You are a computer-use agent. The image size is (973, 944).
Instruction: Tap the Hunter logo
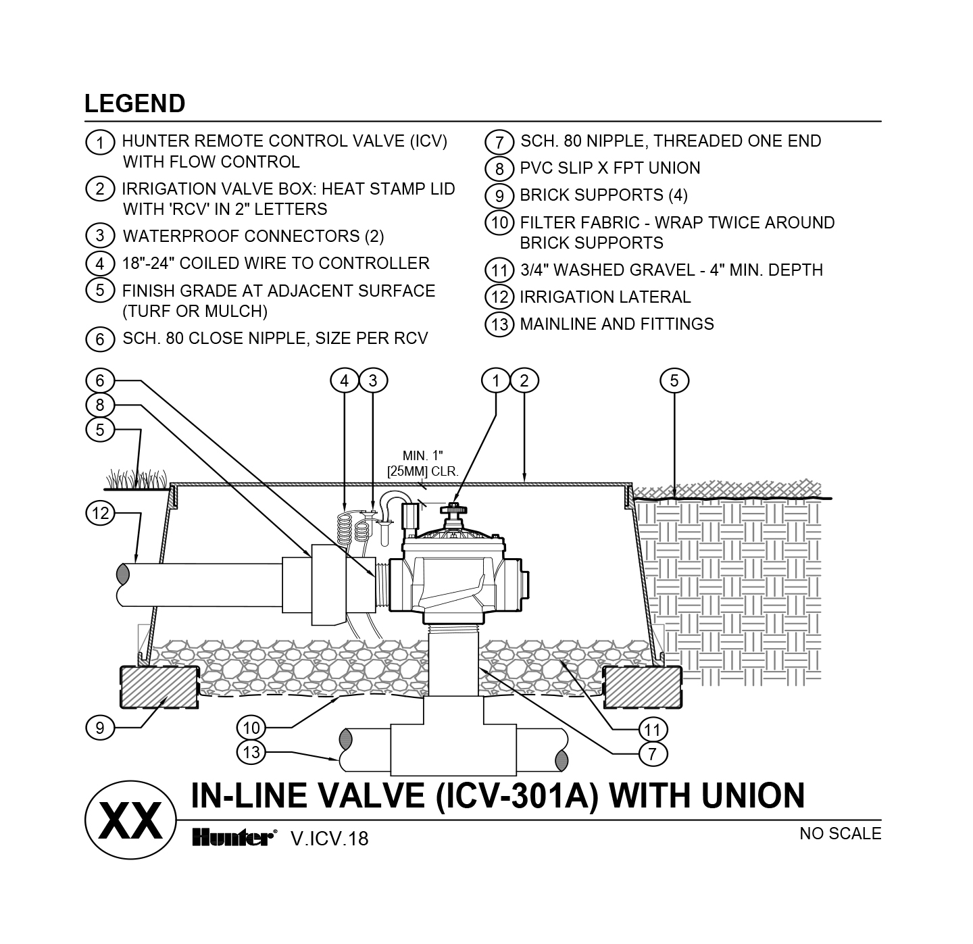click(x=234, y=838)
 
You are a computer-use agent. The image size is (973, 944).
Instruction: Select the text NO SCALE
click(x=840, y=834)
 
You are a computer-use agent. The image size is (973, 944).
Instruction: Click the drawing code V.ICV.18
click(x=330, y=839)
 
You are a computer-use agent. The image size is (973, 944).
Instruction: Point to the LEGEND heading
click(x=134, y=103)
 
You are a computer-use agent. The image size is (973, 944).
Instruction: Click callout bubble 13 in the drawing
click(x=251, y=752)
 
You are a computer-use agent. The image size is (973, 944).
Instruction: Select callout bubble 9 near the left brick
click(x=100, y=728)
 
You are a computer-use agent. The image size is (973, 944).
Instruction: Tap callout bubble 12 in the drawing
click(x=100, y=514)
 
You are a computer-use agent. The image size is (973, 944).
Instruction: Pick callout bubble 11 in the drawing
click(x=652, y=730)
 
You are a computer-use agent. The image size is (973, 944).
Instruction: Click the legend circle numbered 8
click(x=499, y=169)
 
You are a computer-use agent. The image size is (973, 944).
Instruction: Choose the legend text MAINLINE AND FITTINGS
click(x=616, y=324)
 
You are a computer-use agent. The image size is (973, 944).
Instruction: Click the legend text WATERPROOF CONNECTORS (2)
click(x=253, y=237)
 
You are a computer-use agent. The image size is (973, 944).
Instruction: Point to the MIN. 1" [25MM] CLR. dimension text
click(x=423, y=463)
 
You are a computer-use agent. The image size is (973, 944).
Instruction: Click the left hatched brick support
click(x=159, y=687)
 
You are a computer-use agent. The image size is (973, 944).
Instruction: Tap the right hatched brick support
click(x=642, y=687)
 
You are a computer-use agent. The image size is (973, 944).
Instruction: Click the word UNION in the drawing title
click(x=753, y=795)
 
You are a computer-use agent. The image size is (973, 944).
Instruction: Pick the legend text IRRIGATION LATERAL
click(x=605, y=297)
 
